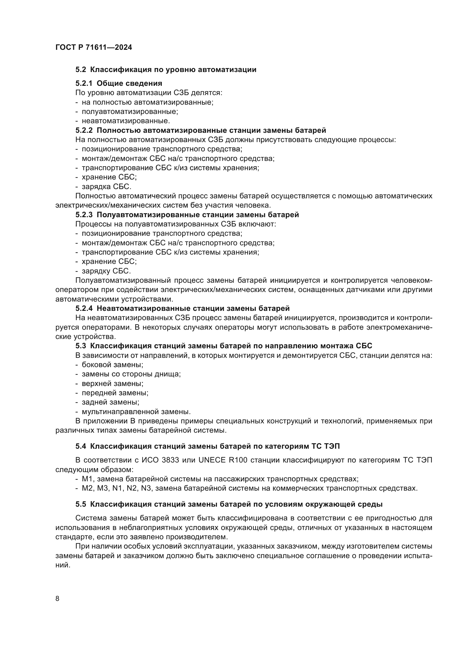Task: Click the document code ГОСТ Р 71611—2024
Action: pos(94,48)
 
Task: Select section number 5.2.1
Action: pos(84,83)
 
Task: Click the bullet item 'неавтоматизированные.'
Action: pos(126,121)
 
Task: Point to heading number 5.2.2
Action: pos(84,131)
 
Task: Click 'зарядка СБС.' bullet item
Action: pos(106,187)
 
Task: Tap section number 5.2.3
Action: pos(84,215)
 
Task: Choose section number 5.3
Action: pos(81,346)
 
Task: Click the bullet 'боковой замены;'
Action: pos(112,365)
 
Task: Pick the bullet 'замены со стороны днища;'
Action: pos(131,374)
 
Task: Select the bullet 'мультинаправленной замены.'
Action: pos(136,412)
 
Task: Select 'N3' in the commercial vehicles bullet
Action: pos(146,488)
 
